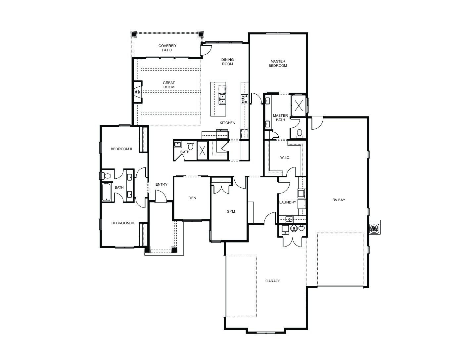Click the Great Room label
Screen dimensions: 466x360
pyautogui.click(x=169, y=85)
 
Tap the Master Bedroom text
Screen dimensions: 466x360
pyautogui.click(x=278, y=64)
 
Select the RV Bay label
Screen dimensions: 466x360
pyautogui.click(x=339, y=200)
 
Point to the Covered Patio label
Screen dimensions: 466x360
pyautogui.click(x=167, y=48)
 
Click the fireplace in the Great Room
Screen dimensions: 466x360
pyautogui.click(x=137, y=92)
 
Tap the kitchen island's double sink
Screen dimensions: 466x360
pyautogui.click(x=222, y=99)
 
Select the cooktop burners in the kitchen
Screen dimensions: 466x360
pyautogui.click(x=245, y=99)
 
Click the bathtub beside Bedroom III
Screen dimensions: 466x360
pyautogui.click(x=106, y=192)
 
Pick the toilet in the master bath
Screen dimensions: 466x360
pyautogui.click(x=300, y=134)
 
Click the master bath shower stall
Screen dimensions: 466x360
pyautogui.click(x=299, y=105)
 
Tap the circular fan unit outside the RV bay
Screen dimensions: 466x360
pyautogui.click(x=375, y=227)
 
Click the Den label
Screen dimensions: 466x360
pyautogui.click(x=192, y=198)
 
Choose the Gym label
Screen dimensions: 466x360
pyautogui.click(x=231, y=211)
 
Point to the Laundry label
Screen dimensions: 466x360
pyautogui.click(x=288, y=202)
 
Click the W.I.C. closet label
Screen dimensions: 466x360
pyautogui.click(x=285, y=157)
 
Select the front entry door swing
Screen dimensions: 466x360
pyautogui.click(x=161, y=196)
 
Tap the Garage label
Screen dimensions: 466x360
pyautogui.click(x=273, y=281)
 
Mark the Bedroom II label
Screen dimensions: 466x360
pyautogui.click(x=121, y=149)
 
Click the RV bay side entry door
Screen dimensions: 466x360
pyautogui.click(x=317, y=123)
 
